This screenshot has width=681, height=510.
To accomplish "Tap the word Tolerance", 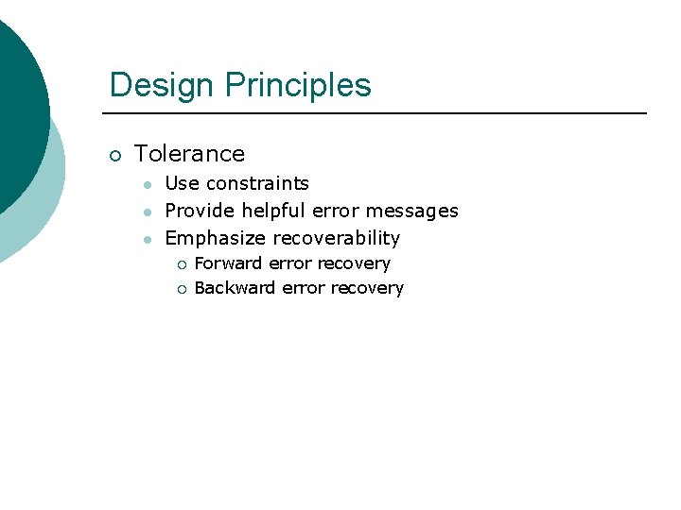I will (189, 154).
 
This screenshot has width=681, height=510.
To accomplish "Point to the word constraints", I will (257, 183).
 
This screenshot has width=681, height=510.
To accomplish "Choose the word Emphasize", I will (215, 238).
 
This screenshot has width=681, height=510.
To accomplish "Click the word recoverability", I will (336, 238).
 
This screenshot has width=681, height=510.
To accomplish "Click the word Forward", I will (228, 263).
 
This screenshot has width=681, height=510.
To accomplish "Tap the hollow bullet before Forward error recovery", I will (182, 264).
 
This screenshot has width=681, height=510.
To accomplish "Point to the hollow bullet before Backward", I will (182, 289).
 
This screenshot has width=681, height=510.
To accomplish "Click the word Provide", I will (200, 211).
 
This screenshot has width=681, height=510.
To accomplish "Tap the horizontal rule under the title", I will (378, 113).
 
